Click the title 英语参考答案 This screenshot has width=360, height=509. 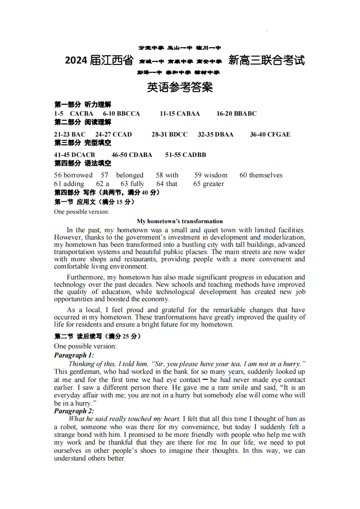pyautogui.click(x=180, y=88)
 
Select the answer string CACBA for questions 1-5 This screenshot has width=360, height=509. pyautogui.click(x=82, y=113)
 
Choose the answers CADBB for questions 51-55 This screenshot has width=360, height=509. pyautogui.click(x=194, y=155)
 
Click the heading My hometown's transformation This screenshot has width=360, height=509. pyautogui.click(x=180, y=221)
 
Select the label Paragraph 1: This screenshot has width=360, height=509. pyautogui.click(x=74, y=355)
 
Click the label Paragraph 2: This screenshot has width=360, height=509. pyautogui.click(x=74, y=411)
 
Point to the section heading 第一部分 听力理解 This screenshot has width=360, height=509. pyautogui.click(x=83, y=105)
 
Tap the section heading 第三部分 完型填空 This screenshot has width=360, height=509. pyautogui.click(x=83, y=142)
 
